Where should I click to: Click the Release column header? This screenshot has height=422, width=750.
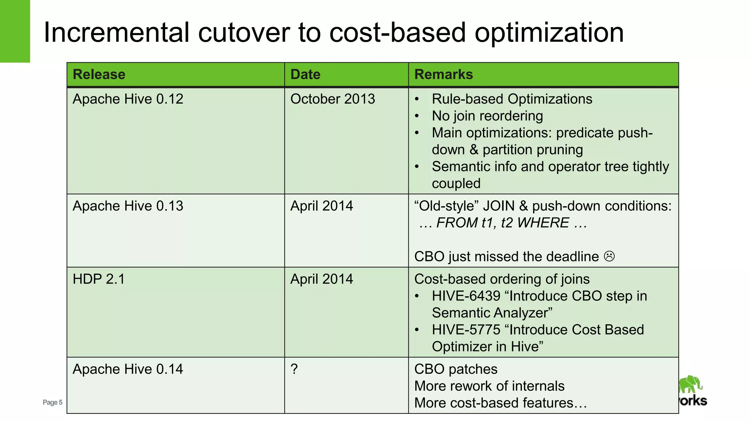(99, 74)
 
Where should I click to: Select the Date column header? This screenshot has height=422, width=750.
(305, 74)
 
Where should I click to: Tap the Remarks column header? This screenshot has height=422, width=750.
(443, 74)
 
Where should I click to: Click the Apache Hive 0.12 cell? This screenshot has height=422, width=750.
(128, 99)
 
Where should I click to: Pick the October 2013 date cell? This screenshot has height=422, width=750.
(333, 99)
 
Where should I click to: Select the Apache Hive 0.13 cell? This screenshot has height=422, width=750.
(128, 206)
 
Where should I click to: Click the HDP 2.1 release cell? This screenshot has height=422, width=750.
(99, 279)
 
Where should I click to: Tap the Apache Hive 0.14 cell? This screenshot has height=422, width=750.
(128, 369)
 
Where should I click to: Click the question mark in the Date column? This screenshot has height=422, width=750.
(294, 369)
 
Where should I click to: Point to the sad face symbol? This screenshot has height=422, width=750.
(609, 256)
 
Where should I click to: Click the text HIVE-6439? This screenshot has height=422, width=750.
(466, 296)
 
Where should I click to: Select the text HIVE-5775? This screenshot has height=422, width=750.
(466, 330)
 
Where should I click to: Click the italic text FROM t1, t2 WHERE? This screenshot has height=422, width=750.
(502, 223)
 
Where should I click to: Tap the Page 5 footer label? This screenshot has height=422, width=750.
(52, 402)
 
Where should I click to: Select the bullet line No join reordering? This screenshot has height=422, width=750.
(487, 116)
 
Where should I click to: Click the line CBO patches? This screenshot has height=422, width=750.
(456, 369)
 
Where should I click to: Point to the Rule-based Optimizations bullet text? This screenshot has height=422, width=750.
(512, 99)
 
